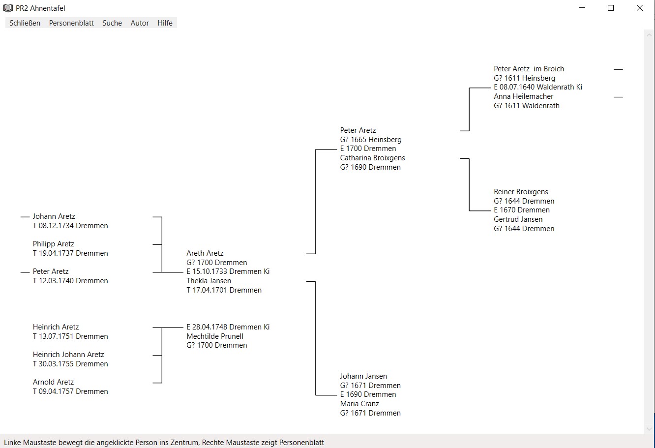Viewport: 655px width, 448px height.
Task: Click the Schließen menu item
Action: [x=25, y=23]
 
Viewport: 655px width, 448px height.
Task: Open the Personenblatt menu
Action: [x=71, y=23]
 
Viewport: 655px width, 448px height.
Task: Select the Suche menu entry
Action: [x=112, y=23]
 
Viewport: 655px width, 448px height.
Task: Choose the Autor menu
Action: [x=140, y=23]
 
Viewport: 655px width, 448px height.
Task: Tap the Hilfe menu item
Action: [x=165, y=23]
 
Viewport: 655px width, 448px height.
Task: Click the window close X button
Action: [x=639, y=8]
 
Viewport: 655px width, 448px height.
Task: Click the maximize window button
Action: [x=611, y=8]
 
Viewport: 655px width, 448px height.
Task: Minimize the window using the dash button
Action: [x=582, y=8]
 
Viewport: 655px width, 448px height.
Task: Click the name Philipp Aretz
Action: [x=54, y=244]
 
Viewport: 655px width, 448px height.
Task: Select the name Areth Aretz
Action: [x=205, y=253]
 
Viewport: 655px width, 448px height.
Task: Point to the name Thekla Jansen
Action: [x=209, y=281]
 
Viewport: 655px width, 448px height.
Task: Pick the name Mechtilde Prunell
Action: [x=215, y=336]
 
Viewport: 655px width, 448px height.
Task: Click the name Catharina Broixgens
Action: [x=372, y=158]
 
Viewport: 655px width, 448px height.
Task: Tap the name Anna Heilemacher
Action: [x=523, y=96]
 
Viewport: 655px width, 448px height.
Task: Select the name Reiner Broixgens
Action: [x=521, y=192]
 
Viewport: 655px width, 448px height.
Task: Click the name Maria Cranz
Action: [x=359, y=404]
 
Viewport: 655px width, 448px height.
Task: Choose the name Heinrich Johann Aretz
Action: [x=68, y=355]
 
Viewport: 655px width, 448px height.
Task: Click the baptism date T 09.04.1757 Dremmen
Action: [x=70, y=391]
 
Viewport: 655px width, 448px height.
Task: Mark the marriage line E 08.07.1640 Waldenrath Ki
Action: [x=538, y=87]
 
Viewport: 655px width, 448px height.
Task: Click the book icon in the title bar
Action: [x=8, y=8]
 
